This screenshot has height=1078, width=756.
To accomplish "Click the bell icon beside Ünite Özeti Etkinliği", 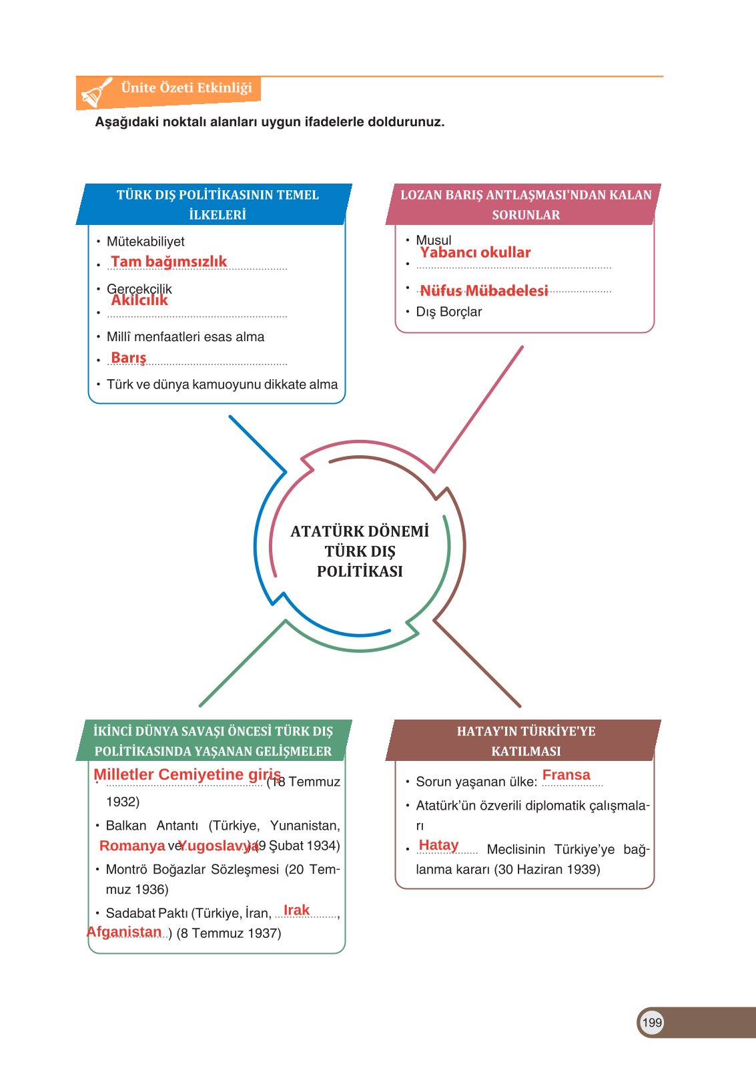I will (96, 92).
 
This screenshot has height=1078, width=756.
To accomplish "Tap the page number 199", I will (651, 1022).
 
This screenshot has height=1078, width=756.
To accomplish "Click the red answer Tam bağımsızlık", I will (169, 262).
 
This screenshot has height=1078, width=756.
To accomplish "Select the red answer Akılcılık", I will (139, 300).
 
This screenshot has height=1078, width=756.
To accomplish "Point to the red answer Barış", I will (129, 358).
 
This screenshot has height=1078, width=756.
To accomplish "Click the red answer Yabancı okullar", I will (475, 252).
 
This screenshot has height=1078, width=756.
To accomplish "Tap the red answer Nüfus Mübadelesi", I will (484, 290).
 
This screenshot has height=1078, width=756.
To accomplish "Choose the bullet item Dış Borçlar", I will (448, 312).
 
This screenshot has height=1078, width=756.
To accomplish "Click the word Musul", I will (434, 240).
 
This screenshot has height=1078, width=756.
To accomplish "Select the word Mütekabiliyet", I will (145, 242).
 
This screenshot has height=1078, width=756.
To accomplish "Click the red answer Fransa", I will (566, 775).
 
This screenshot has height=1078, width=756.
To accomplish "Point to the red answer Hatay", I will (438, 845).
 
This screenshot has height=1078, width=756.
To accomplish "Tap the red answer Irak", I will (296, 910).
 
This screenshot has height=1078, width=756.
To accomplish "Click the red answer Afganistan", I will (124, 932).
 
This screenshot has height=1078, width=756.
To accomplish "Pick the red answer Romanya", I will (132, 846).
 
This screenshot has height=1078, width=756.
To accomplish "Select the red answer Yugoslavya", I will (218, 846).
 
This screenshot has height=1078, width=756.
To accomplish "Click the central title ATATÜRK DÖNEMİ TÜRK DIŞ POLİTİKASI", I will (360, 551).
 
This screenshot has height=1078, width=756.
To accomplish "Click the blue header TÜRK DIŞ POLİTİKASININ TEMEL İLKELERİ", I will (218, 204).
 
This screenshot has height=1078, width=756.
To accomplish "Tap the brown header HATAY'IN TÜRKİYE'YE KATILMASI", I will (526, 741).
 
